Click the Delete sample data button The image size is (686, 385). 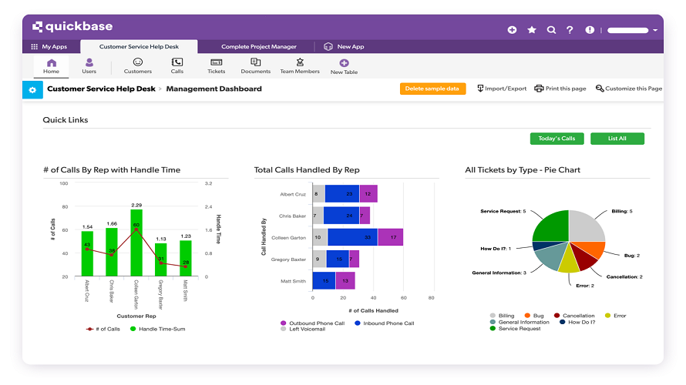(x=432, y=89)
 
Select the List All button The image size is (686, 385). (x=617, y=139)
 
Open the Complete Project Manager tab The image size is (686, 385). (x=258, y=47)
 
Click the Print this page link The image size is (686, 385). (x=560, y=89)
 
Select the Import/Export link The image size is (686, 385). (x=502, y=89)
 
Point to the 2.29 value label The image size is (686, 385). (x=136, y=206)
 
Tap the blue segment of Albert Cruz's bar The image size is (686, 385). (x=341, y=194)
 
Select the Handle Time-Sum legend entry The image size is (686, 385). (x=160, y=329)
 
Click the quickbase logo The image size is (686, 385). (x=72, y=27)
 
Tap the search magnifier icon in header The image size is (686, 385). (x=551, y=30)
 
